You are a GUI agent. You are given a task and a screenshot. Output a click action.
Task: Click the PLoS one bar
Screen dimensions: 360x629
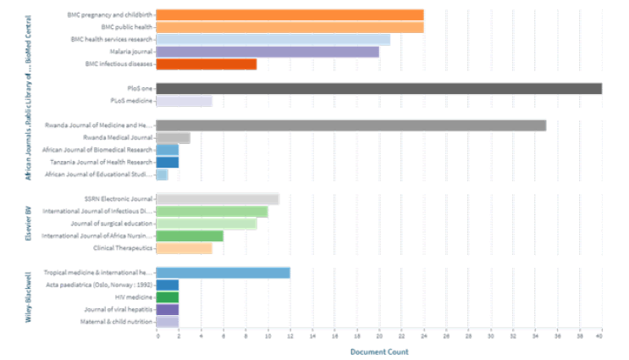point(379,88)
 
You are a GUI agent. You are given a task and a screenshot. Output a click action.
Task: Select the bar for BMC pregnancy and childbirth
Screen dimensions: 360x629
point(290,14)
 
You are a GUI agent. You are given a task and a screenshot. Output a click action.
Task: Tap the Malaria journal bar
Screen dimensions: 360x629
point(268,52)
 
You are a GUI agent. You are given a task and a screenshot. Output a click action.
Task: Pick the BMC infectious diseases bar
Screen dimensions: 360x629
point(207,64)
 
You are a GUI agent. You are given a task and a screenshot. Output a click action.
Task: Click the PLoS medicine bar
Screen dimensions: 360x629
point(185,101)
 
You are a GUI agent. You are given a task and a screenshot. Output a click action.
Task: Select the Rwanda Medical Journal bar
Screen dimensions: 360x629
point(174,137)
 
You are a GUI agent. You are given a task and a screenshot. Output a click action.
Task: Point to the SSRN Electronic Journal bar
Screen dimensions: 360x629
point(218,199)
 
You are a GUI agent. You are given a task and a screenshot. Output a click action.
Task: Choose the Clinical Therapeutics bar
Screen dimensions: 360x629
point(185,248)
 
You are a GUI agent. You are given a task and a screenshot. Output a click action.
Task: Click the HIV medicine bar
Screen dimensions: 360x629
point(168,297)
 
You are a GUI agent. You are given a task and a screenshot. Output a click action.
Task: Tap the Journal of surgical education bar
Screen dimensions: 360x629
point(207,224)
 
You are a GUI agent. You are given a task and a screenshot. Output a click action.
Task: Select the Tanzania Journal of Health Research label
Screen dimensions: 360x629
point(113,162)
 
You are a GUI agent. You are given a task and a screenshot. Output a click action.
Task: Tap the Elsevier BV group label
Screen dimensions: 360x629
point(29,223)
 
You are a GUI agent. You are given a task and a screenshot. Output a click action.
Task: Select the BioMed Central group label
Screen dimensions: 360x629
point(29,38)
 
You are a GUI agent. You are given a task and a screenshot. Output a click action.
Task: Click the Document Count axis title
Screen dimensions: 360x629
point(379,352)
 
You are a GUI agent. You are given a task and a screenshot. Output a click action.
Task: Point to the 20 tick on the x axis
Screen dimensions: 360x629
point(379,337)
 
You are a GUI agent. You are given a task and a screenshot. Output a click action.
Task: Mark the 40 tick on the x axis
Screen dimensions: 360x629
point(601,337)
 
